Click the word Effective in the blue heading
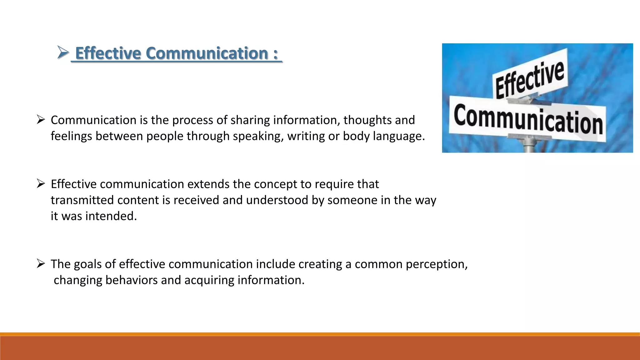108,53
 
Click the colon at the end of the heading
275,54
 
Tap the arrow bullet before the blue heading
63,52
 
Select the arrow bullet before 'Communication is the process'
41,119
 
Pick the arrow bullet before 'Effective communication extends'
41,183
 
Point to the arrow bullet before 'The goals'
41,263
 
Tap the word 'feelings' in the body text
71,136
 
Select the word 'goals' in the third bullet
87,264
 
